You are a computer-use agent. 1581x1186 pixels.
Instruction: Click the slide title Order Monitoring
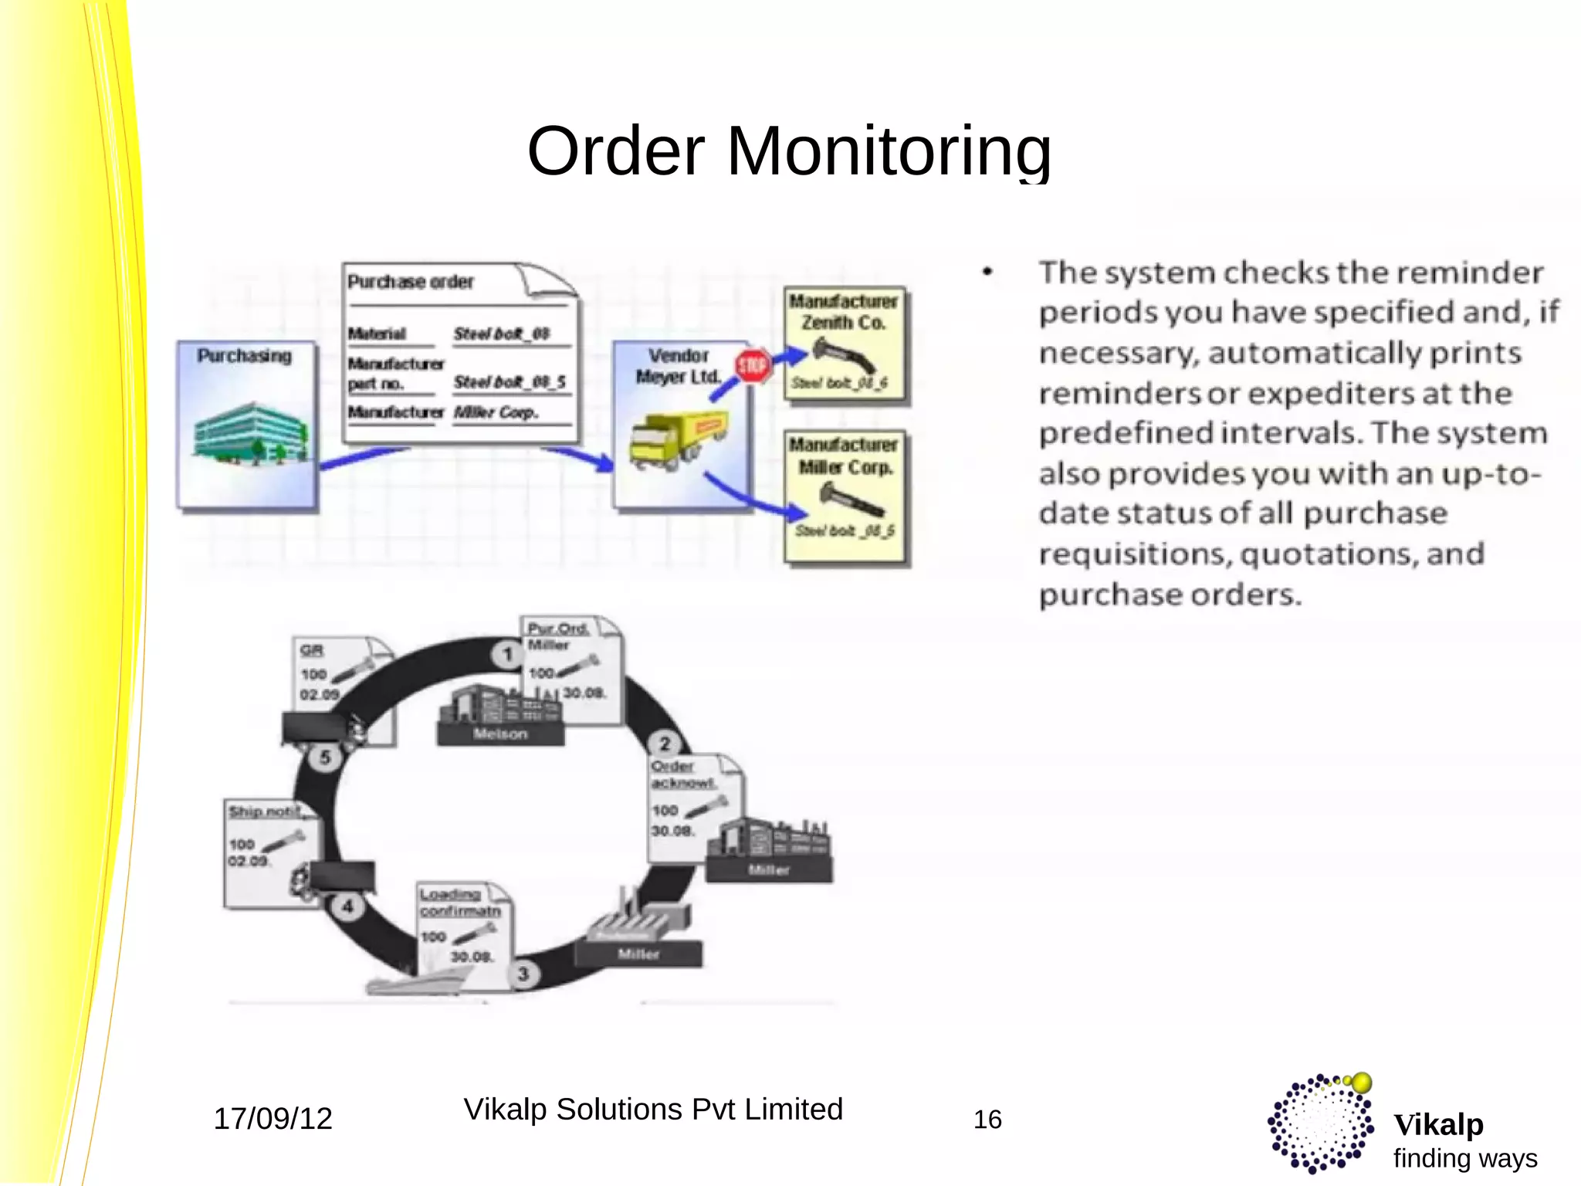(x=789, y=151)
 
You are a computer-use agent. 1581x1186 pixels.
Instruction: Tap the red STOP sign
(x=752, y=365)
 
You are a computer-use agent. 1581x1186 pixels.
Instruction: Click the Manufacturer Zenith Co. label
(x=843, y=312)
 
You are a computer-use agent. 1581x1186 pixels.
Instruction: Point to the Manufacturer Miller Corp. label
(x=844, y=456)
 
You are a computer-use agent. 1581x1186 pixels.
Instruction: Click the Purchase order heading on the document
(x=410, y=282)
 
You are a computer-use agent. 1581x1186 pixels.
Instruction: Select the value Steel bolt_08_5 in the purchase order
(x=510, y=382)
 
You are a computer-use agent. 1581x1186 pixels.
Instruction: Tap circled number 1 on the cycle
(x=507, y=655)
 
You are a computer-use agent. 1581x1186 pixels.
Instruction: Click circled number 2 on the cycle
(x=664, y=744)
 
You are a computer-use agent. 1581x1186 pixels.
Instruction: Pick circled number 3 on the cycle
(x=523, y=974)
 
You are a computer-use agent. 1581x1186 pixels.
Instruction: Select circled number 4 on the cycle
(x=347, y=906)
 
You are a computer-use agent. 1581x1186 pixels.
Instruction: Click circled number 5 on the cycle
(x=325, y=757)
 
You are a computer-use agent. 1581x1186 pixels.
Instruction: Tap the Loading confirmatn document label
(x=460, y=903)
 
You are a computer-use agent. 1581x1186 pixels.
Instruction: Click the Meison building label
(x=500, y=734)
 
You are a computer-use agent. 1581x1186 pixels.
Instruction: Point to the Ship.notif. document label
(x=265, y=812)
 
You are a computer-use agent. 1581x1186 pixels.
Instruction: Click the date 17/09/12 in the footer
(x=273, y=1119)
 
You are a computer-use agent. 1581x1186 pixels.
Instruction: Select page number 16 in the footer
(x=987, y=1120)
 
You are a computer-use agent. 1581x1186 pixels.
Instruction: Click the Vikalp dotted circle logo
(x=1321, y=1123)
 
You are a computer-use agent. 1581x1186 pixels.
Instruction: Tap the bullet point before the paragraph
(x=987, y=272)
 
